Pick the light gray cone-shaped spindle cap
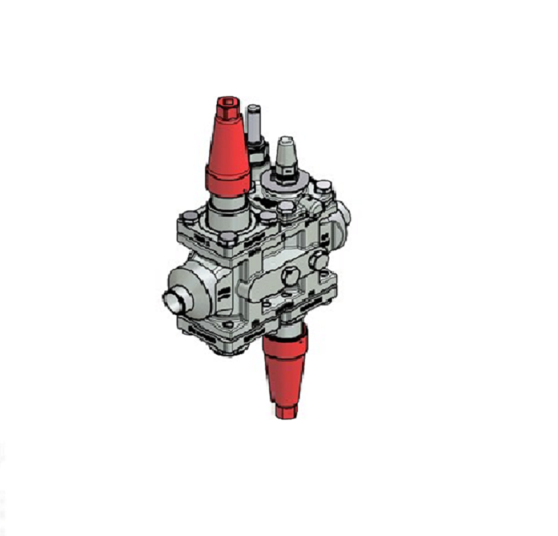(284, 153)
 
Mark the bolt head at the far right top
(324, 187)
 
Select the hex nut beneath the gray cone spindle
(285, 174)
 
